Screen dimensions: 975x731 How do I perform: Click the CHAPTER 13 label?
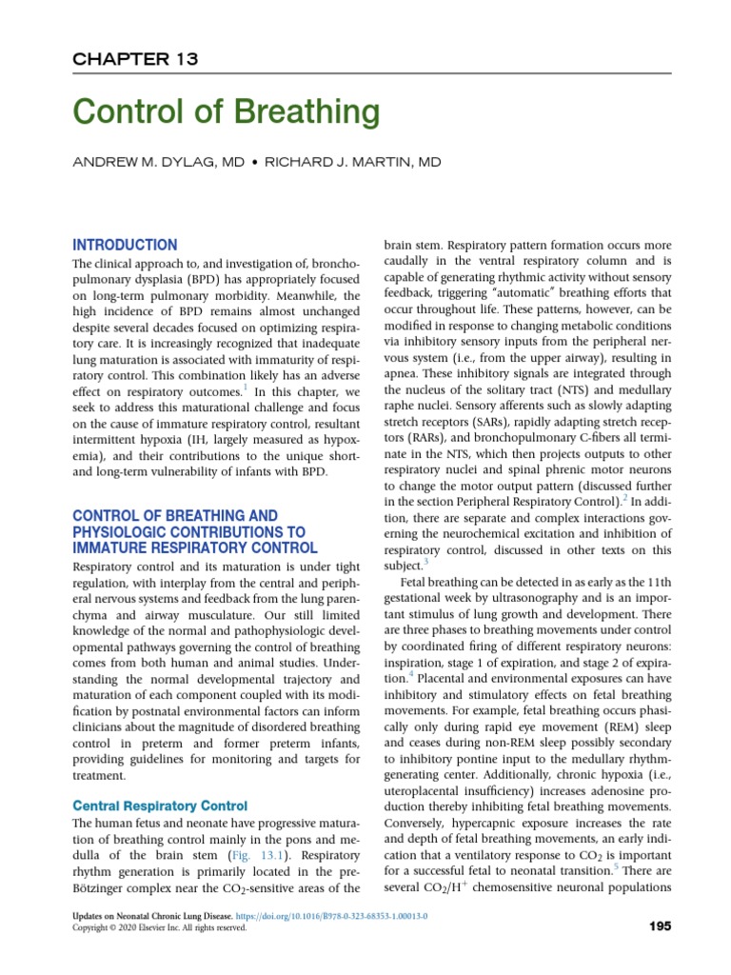pyautogui.click(x=135, y=59)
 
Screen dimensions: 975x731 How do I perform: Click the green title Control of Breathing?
pyautogui.click(x=227, y=113)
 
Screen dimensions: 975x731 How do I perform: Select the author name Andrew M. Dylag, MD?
pyautogui.click(x=158, y=163)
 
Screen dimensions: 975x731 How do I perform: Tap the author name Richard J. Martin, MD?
pyautogui.click(x=352, y=163)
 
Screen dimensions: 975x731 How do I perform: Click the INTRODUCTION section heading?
pyautogui.click(x=125, y=245)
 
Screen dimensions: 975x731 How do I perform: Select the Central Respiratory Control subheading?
pyautogui.click(x=160, y=806)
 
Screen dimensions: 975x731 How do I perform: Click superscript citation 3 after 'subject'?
pyautogui.click(x=427, y=563)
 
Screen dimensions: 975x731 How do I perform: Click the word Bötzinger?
pyautogui.click(x=101, y=888)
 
